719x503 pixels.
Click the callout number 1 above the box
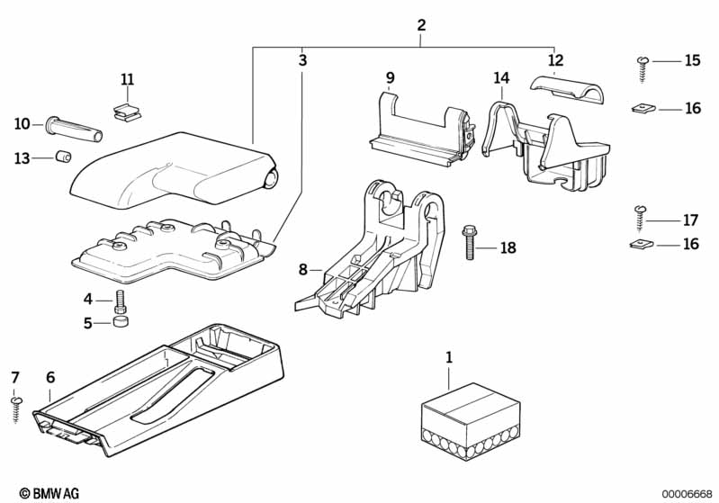tap(449, 359)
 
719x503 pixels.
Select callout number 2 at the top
tap(421, 26)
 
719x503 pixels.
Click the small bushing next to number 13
tap(63, 158)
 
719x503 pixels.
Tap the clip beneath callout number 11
tap(127, 112)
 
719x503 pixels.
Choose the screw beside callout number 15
tap(643, 62)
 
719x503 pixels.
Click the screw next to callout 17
tap(642, 215)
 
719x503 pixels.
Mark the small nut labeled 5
tap(119, 323)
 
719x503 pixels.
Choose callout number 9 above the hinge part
tap(390, 78)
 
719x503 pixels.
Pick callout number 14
tap(501, 78)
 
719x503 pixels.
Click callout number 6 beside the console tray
tap(50, 377)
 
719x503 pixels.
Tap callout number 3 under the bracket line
tap(302, 61)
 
